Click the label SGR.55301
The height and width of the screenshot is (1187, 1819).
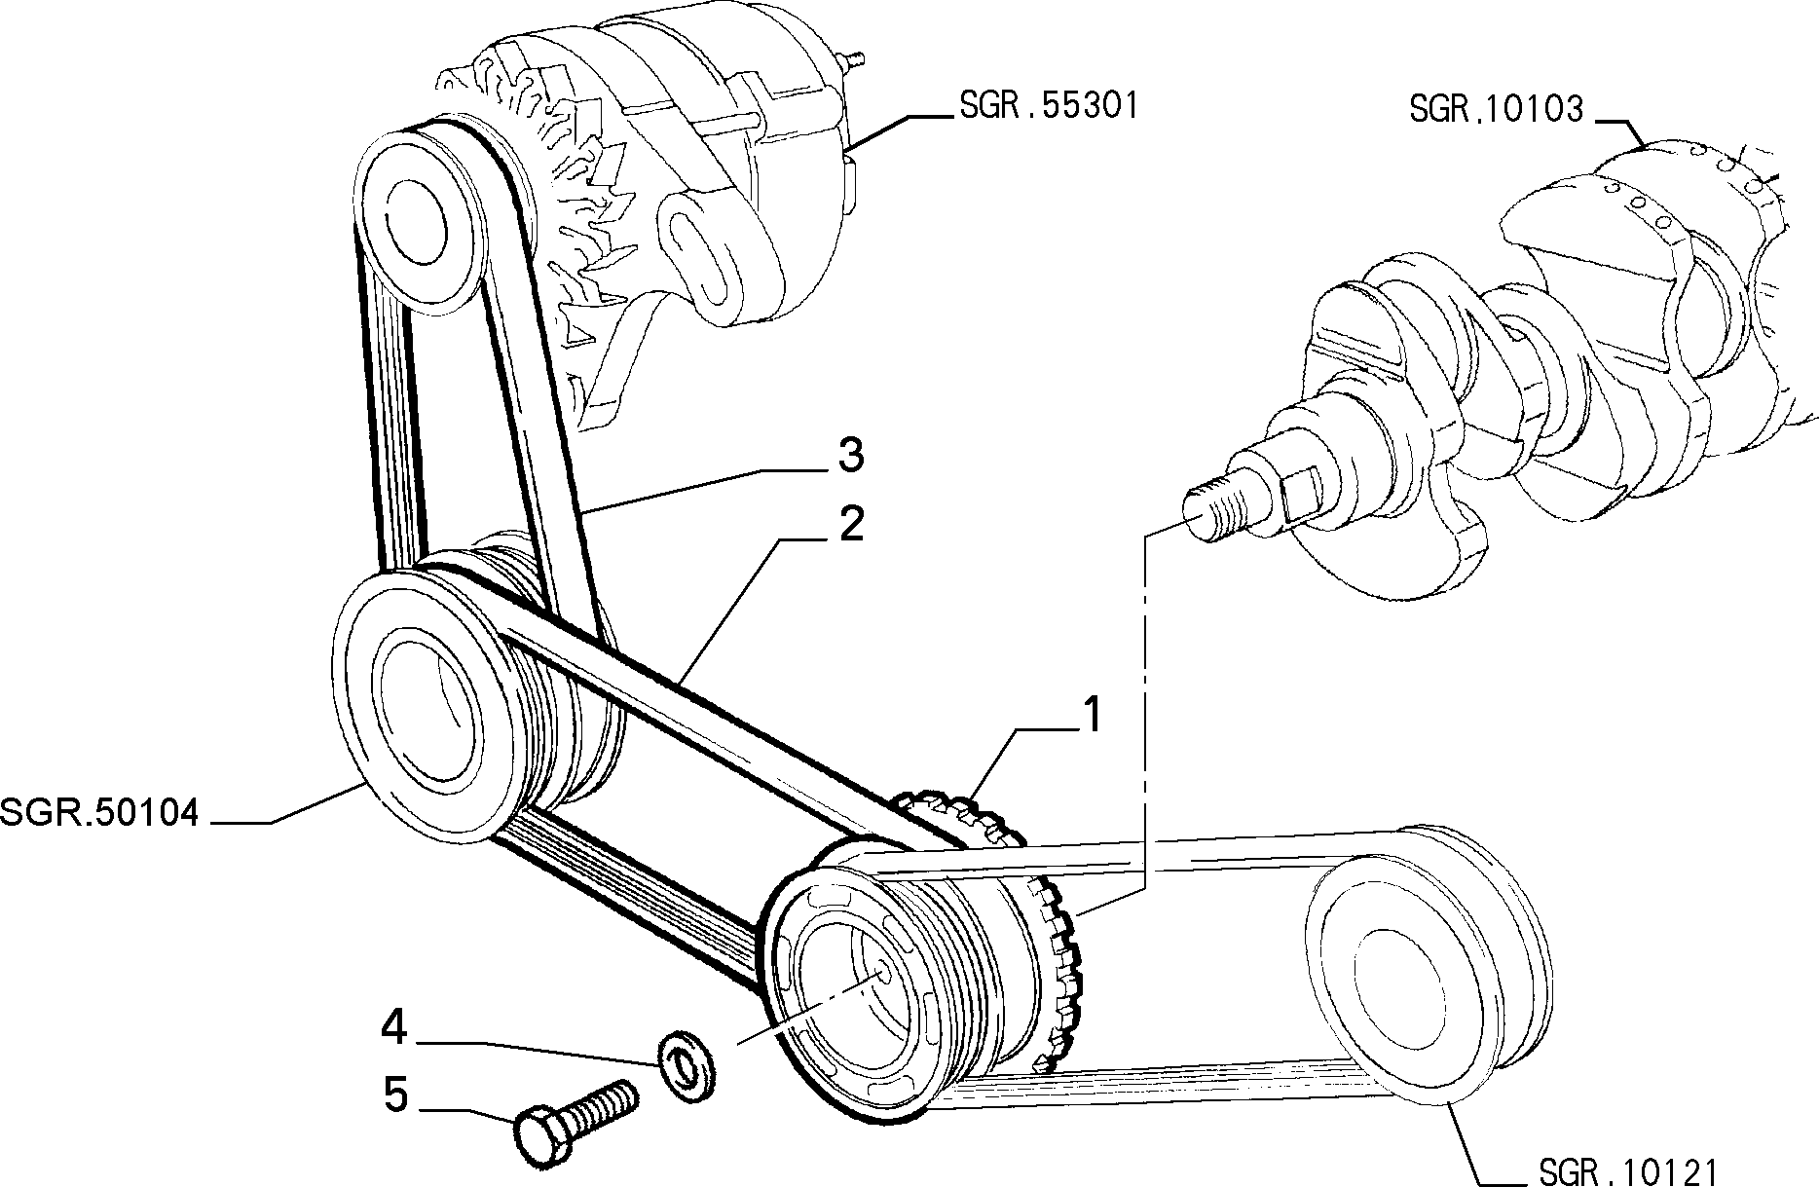[x=1048, y=105]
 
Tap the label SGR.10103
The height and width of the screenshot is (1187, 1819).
[x=1497, y=108]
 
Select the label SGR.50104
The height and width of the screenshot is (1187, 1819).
[x=99, y=811]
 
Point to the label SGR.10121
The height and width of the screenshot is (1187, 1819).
[x=1629, y=1169]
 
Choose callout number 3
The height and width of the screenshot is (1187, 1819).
[x=851, y=454]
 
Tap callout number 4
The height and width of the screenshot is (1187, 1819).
[x=395, y=1028]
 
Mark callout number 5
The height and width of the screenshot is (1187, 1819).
[x=395, y=1094]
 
